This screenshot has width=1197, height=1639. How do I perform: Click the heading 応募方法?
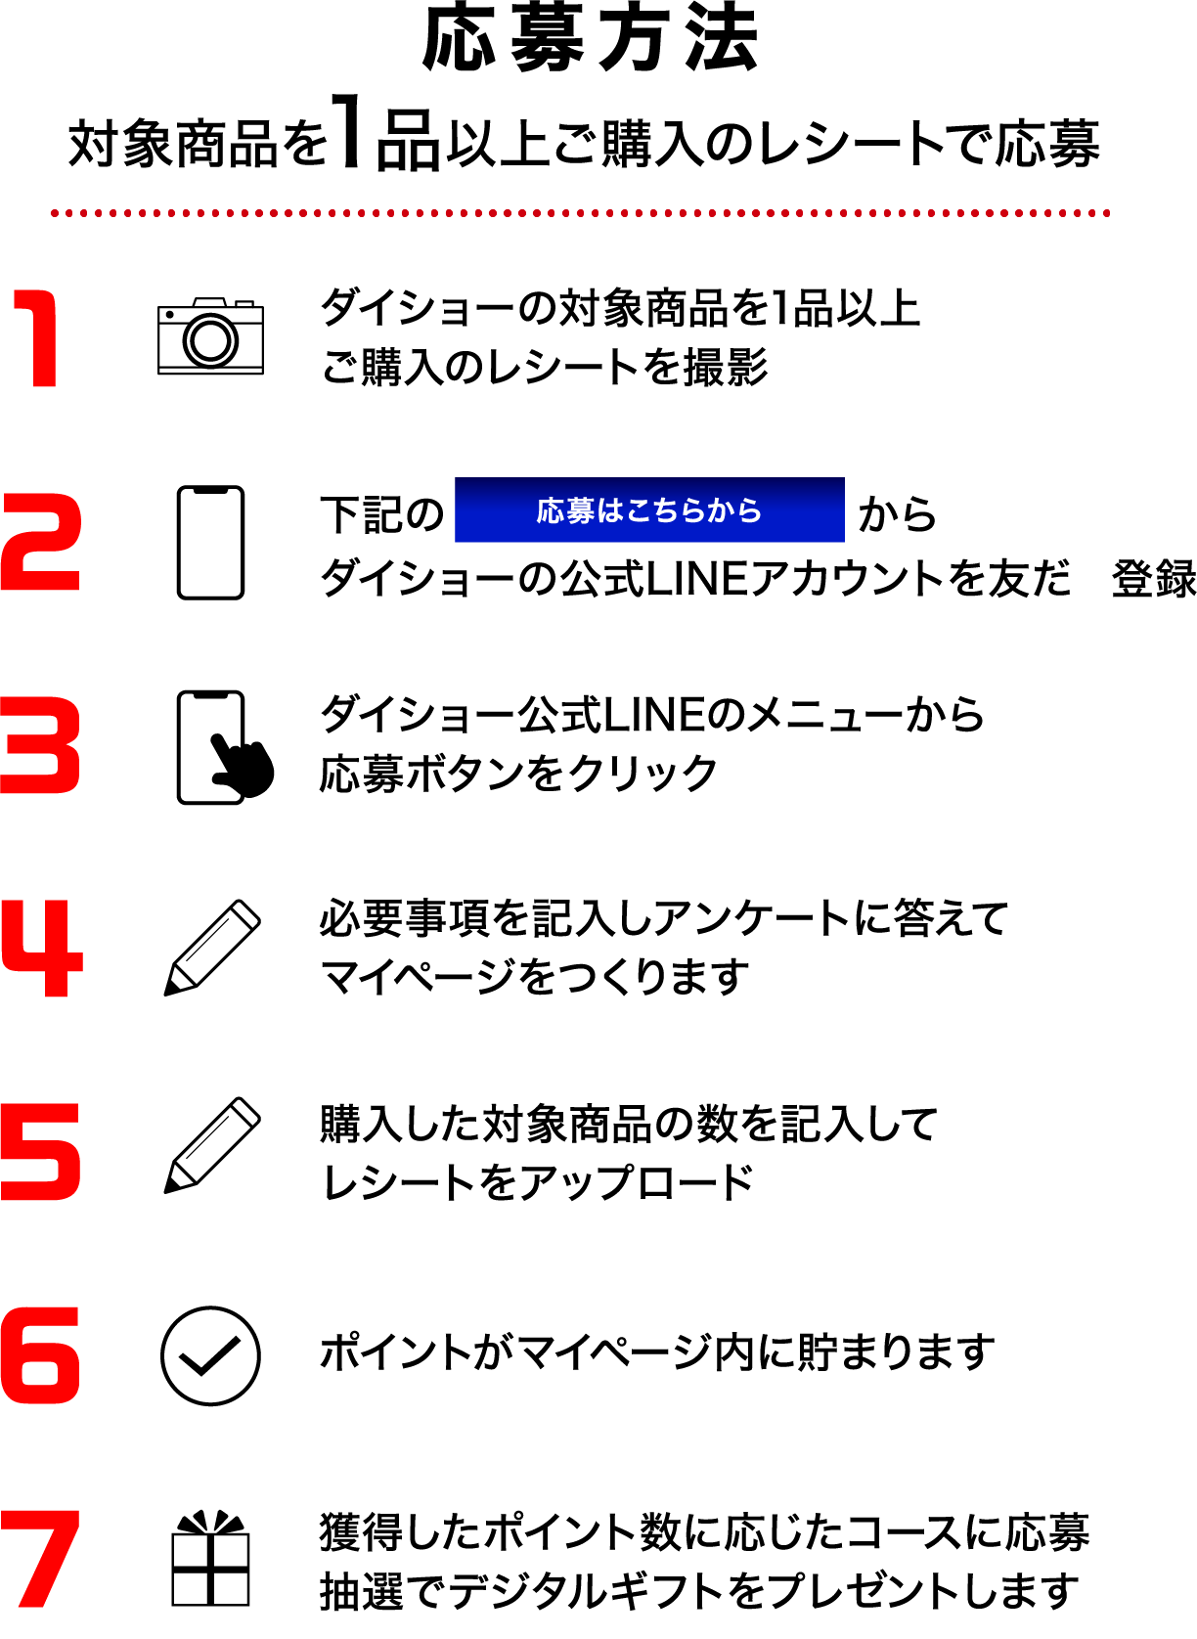click(591, 39)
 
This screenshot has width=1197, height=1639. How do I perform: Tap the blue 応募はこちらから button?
click(649, 509)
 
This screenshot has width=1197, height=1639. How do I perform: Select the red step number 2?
click(40, 542)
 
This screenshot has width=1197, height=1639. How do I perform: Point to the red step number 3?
click(40, 745)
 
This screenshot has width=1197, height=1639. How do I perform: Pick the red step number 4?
click(42, 949)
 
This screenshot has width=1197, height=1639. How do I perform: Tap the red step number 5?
click(40, 1152)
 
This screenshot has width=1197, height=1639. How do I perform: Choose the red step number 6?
click(40, 1355)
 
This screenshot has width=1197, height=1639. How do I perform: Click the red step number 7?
click(40, 1559)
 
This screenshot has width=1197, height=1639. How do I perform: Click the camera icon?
click(210, 336)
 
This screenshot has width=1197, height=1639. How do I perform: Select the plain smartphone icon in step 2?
click(210, 542)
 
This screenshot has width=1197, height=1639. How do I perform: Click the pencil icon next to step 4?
click(212, 948)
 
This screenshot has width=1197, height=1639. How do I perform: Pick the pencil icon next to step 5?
click(212, 1145)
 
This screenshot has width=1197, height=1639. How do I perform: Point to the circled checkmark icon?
click(210, 1355)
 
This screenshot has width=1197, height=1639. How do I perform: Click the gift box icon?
click(210, 1559)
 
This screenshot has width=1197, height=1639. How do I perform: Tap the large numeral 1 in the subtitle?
click(346, 133)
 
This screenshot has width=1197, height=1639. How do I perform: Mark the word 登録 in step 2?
click(1153, 579)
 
